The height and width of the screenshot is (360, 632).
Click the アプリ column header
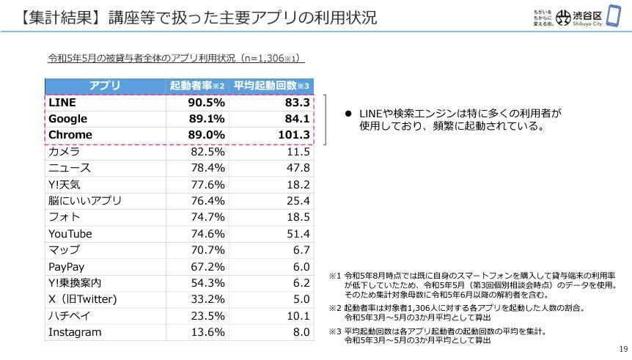click(105, 86)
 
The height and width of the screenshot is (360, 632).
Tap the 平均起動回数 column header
click(271, 86)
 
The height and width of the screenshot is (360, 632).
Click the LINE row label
click(62, 103)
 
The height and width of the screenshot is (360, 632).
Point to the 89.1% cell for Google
click(207, 119)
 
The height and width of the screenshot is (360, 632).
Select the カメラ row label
click(64, 152)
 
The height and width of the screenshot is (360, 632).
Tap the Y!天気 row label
click(64, 184)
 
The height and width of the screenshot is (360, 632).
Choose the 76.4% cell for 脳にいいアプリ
click(207, 201)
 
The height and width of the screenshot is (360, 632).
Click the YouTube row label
click(70, 234)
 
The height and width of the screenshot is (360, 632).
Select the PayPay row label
click(66, 266)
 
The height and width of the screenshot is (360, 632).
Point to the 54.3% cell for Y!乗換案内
click(207, 282)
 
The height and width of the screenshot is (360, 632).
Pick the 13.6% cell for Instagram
click(207, 332)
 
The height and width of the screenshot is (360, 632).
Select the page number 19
click(623, 349)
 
